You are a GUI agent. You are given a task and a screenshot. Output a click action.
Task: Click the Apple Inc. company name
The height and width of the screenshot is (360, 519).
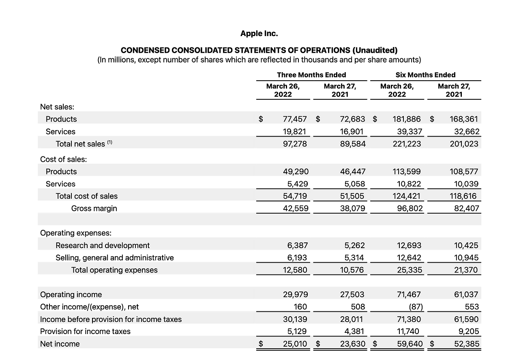pyautogui.click(x=259, y=34)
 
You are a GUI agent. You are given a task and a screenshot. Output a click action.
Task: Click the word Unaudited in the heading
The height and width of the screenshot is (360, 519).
pyautogui.click(x=375, y=50)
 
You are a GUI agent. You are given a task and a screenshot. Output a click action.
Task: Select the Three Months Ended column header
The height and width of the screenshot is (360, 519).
pyautogui.click(x=311, y=75)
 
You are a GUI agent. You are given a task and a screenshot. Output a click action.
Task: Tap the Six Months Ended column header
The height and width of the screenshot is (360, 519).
pyautogui.click(x=425, y=75)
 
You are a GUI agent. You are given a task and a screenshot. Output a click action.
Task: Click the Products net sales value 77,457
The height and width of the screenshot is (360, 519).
pyautogui.click(x=295, y=119)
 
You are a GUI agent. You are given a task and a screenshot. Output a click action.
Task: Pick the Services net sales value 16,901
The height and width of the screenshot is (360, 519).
pyautogui.click(x=352, y=132)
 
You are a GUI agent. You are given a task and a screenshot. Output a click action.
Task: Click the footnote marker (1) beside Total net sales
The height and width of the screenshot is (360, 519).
pyautogui.click(x=109, y=142)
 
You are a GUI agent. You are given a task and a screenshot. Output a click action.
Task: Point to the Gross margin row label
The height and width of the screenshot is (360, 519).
pyautogui.click(x=94, y=208)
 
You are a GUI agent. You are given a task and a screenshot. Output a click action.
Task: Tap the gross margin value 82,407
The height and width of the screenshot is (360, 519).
pyautogui.click(x=466, y=209)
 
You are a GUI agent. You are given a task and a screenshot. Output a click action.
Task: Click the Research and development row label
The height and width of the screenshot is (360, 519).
pyautogui.click(x=103, y=246)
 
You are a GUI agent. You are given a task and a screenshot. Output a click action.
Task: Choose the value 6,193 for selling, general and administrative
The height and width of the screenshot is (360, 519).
pyautogui.click(x=296, y=258)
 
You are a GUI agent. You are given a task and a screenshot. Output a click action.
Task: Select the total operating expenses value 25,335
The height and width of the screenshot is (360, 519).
pyautogui.click(x=410, y=270)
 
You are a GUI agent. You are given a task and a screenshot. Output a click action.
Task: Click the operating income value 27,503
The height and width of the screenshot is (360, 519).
pyautogui.click(x=352, y=295)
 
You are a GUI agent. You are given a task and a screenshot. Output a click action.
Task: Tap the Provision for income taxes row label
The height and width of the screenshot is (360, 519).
pyautogui.click(x=85, y=332)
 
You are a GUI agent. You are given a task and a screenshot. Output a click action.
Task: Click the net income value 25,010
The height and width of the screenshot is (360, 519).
pyautogui.click(x=295, y=344)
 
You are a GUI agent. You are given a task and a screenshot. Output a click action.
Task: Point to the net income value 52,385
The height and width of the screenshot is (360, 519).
pyautogui.click(x=466, y=344)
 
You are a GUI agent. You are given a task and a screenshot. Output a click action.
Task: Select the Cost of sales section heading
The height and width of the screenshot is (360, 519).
pyautogui.click(x=63, y=159)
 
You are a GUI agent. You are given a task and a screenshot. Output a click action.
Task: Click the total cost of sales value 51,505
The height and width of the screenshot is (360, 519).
pyautogui.click(x=352, y=196)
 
